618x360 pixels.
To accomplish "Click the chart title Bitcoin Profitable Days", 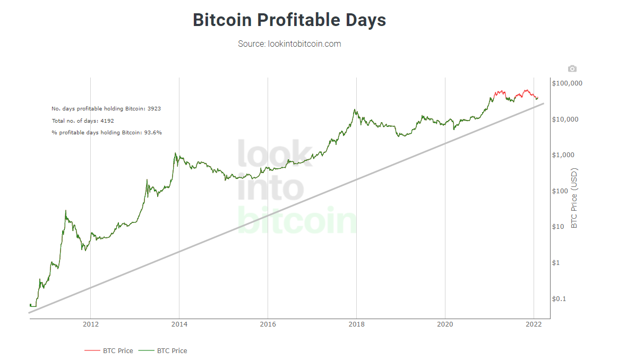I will click(289, 20).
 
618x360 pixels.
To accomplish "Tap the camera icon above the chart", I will click(572, 68).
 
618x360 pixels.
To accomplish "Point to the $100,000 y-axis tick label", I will click(567, 83).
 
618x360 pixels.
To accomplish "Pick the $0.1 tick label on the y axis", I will click(559, 298).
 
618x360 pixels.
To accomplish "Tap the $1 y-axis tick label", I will click(556, 263).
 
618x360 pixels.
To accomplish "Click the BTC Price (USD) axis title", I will click(574, 199).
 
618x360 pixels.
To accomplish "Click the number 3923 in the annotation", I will click(154, 108).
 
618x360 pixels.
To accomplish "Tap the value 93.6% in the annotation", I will click(152, 133).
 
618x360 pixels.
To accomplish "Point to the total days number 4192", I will click(107, 121).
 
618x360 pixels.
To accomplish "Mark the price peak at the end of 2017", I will click(355, 110).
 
